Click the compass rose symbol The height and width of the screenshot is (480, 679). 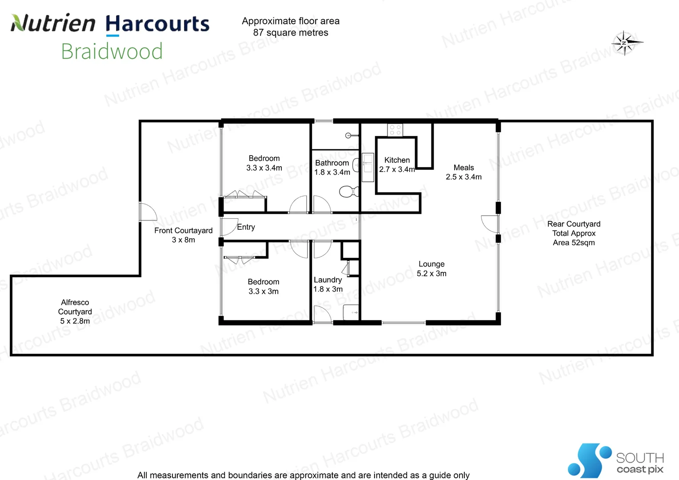(625, 43)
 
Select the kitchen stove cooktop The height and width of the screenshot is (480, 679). (395, 130)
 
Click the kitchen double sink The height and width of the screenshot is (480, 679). (367, 167)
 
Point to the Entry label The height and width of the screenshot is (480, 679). (246, 227)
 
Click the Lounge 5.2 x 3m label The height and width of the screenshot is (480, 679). (431, 269)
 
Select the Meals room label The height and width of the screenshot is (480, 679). (463, 172)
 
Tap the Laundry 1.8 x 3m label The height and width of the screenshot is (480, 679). (328, 284)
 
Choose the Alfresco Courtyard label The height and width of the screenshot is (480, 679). (75, 312)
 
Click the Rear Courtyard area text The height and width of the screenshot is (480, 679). (574, 233)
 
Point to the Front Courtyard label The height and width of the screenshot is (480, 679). (183, 235)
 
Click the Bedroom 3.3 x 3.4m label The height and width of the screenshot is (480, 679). (264, 163)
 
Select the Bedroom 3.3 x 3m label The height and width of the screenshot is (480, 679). (264, 287)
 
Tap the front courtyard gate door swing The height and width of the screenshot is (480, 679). (148, 212)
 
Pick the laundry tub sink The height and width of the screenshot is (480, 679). (351, 312)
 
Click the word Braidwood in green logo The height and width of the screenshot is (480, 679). (112, 52)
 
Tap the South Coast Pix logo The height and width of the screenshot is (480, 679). (615, 460)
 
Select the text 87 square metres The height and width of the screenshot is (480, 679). (291, 33)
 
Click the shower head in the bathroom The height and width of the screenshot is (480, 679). (349, 136)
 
